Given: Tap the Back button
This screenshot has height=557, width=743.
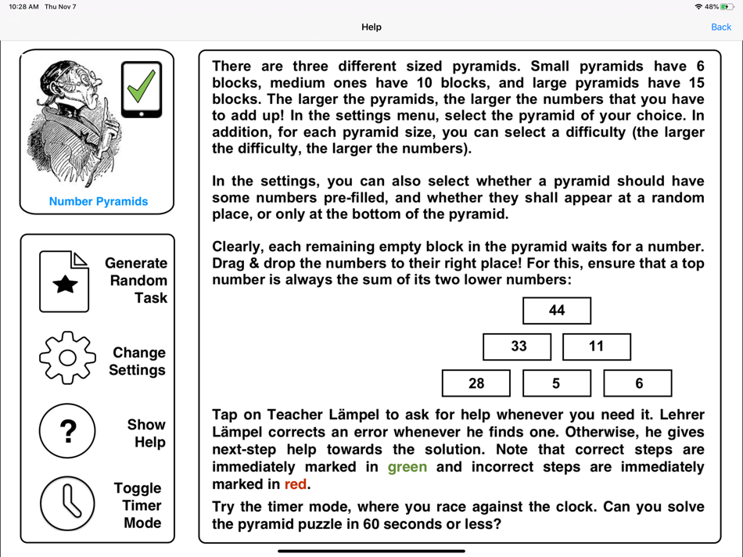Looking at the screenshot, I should click(720, 27).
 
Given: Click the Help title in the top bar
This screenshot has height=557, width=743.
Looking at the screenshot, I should click(371, 27).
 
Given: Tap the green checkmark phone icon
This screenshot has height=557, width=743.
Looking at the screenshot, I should click(142, 89).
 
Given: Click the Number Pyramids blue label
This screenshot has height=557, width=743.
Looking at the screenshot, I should click(99, 201).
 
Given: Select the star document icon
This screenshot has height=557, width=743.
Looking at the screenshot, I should click(64, 282).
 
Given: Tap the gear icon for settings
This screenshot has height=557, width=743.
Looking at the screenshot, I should click(67, 358).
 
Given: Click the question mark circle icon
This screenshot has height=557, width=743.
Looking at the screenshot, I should click(67, 430).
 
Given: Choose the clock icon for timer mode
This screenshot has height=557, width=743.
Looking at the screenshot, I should click(67, 503).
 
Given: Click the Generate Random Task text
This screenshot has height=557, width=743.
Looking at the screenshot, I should click(136, 280).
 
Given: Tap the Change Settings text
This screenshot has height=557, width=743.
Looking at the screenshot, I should click(138, 361).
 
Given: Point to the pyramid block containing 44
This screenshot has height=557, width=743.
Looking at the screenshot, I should click(557, 311).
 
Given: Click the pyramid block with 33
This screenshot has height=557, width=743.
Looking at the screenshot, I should click(517, 347).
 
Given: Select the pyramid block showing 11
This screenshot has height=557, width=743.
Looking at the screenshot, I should click(597, 347).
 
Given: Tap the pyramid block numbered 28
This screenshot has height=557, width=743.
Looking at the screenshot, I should click(476, 383).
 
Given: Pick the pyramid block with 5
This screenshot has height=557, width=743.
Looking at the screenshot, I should click(557, 383).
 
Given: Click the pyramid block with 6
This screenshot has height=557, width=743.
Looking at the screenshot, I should click(637, 383).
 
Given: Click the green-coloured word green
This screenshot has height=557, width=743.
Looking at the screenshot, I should click(407, 467).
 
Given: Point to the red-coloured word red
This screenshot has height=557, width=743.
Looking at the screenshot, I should click(296, 484).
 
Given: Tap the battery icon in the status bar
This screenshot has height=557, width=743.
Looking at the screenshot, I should click(728, 7).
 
